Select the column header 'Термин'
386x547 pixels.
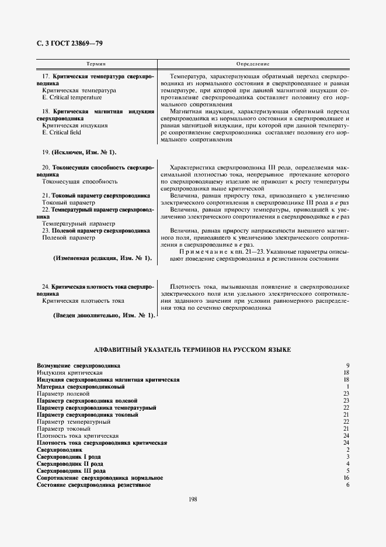96,63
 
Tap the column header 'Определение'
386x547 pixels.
252,63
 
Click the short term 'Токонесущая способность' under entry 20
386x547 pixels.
80,182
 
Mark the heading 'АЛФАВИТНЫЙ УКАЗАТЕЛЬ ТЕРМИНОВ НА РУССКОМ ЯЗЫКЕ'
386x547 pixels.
193,349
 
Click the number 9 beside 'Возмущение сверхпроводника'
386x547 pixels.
347,365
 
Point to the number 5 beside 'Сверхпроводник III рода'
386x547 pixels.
347,470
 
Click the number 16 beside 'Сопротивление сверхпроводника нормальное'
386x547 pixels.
346,478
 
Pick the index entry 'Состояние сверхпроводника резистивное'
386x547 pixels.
93,485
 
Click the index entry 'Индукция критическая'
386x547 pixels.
69,372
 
